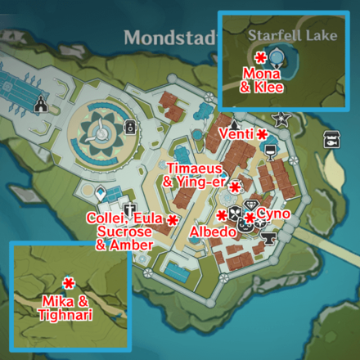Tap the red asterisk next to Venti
pyautogui.click(x=261, y=133)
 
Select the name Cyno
pyautogui.click(x=273, y=213)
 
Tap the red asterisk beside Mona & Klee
pyautogui.click(x=260, y=56)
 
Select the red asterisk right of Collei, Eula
pyautogui.click(x=173, y=219)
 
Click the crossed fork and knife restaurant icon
pyautogui.click(x=235, y=215)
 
